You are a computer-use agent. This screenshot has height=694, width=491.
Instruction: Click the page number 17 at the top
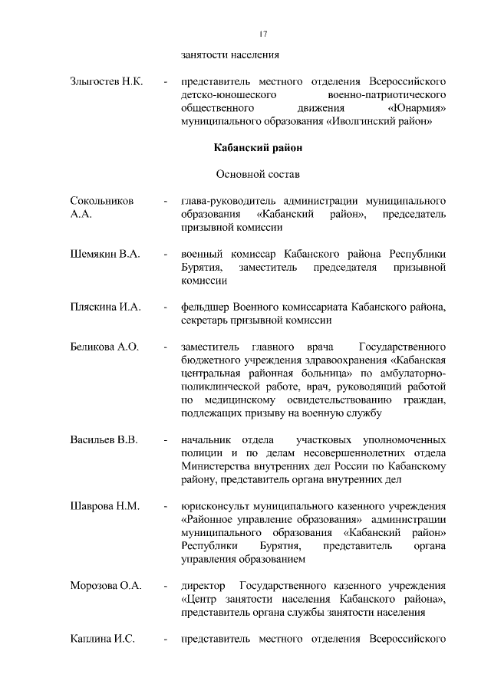tap(263, 35)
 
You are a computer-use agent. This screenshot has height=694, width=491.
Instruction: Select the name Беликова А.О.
tap(104, 347)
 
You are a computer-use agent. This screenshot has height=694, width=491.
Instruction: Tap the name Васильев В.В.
tap(104, 441)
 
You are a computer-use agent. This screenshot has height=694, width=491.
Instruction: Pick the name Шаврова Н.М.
tap(103, 507)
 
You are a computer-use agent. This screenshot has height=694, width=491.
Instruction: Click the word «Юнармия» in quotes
tap(417, 108)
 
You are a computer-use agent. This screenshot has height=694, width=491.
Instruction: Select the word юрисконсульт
tap(217, 507)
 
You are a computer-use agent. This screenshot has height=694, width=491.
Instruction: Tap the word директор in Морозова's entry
tap(203, 587)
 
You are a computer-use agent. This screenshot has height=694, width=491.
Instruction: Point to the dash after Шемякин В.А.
tap(166, 254)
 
